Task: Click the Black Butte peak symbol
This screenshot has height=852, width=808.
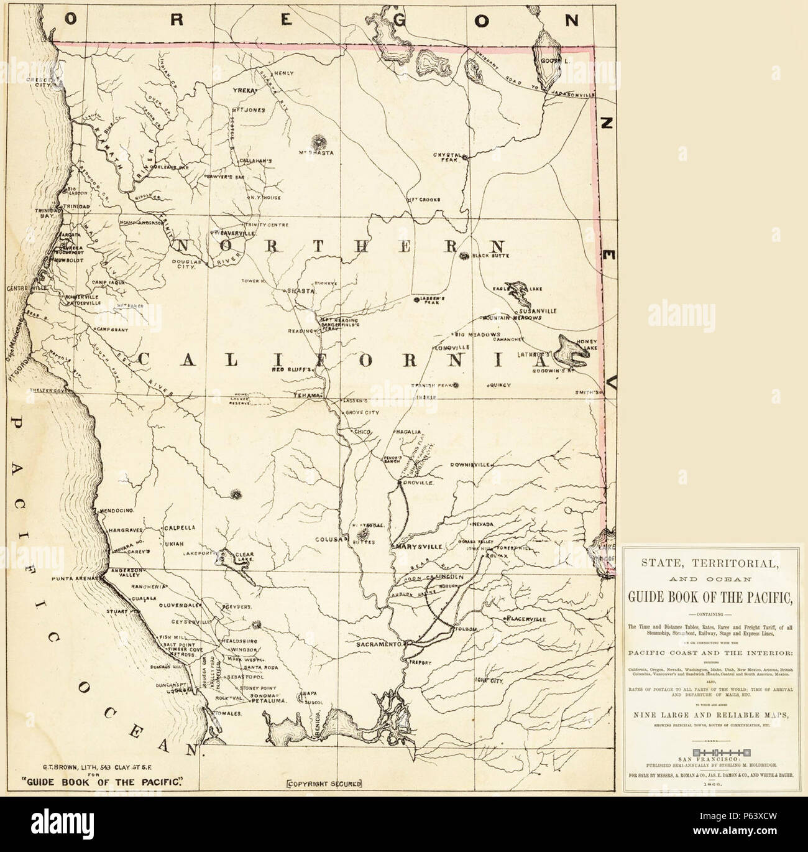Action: pos(464,255)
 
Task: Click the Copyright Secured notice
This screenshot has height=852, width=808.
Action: pos(323,784)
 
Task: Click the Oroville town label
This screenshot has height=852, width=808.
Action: pos(418,483)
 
